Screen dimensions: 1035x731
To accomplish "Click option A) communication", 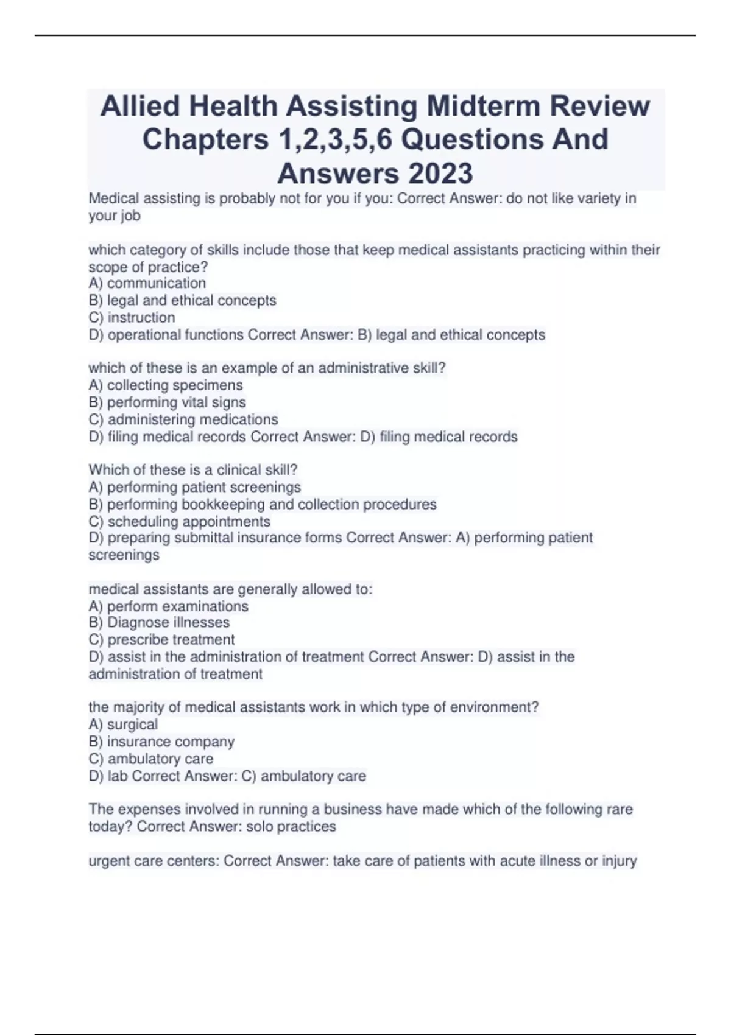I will coord(147,283).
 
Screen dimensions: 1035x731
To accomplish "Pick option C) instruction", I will coord(132,317).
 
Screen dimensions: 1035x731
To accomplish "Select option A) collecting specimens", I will coord(166,385).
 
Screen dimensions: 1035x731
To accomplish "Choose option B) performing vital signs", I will coord(168,402).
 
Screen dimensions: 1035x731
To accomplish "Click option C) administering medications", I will coord(183,419).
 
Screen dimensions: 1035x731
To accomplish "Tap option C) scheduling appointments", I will coord(180,522).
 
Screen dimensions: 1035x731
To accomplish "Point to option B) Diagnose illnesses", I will coord(159,622).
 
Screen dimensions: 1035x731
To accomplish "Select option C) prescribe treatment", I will coord(161,639).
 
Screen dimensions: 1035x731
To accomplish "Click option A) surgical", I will coord(123,724).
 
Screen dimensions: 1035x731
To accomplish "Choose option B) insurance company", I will coord(161,742).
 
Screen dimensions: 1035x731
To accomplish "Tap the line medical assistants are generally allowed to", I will coord(230,589).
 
